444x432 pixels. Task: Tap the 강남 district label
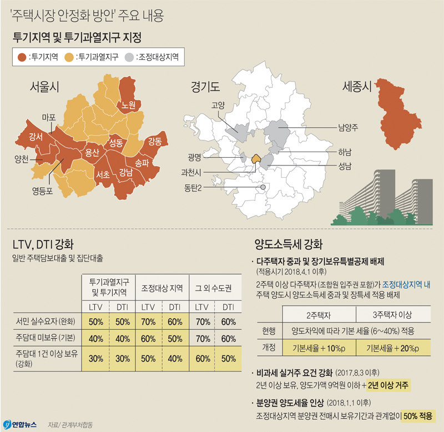(x=125, y=172)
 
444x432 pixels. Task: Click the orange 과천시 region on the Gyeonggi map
(x=256, y=159)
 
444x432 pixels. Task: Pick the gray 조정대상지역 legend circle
(x=129, y=57)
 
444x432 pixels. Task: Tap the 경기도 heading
(x=205, y=87)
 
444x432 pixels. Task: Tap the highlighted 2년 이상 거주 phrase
(x=389, y=385)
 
